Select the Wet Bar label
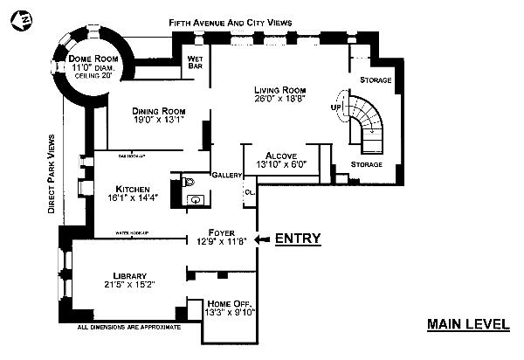(x=196, y=63)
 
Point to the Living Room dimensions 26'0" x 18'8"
(x=279, y=99)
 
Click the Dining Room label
(x=160, y=111)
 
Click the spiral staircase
(x=364, y=121)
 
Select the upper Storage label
(x=376, y=80)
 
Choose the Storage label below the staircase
(x=366, y=163)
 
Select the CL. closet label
(x=249, y=191)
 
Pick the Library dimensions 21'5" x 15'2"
(x=128, y=284)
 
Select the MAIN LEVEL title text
(x=468, y=324)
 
